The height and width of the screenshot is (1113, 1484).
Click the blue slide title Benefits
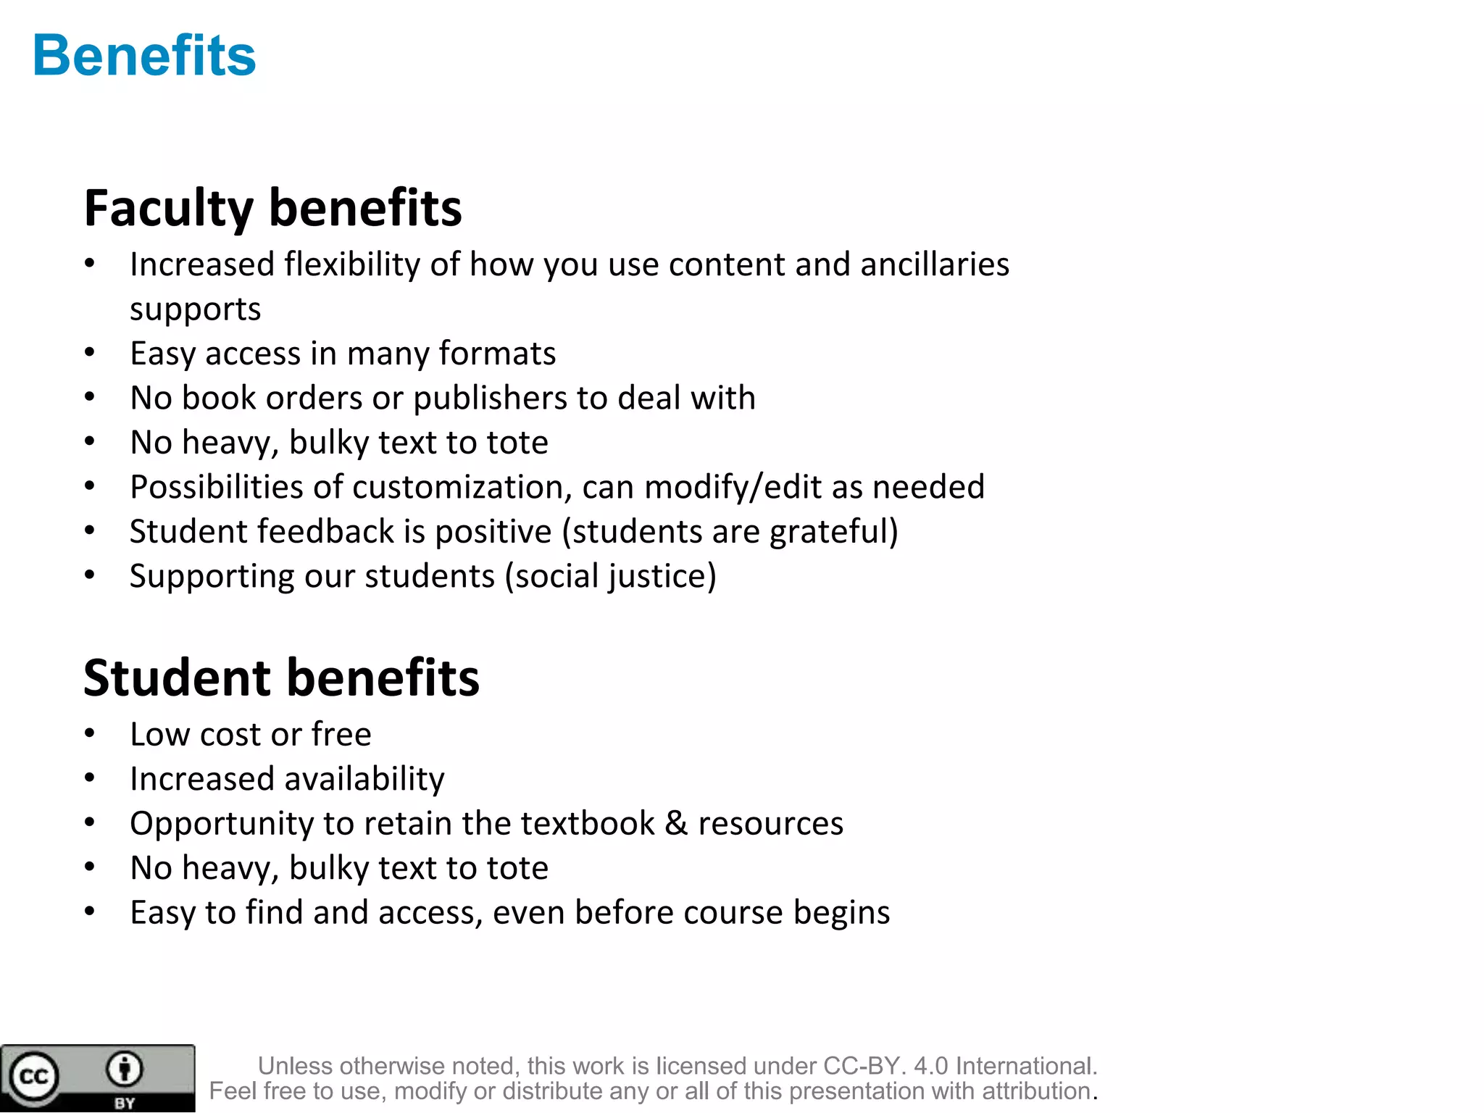pyautogui.click(x=144, y=56)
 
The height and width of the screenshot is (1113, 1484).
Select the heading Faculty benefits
pyautogui.click(x=272, y=209)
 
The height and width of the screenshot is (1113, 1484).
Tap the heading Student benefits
pyautogui.click(x=281, y=678)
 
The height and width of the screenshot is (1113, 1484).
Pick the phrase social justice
pyautogui.click(x=610, y=577)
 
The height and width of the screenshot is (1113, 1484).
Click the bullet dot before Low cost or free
pyautogui.click(x=89, y=734)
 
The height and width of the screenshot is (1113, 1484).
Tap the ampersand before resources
pyautogui.click(x=675, y=823)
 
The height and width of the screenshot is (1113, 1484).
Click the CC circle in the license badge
pyautogui.click(x=33, y=1076)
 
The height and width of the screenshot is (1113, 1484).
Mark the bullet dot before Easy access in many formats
pyautogui.click(x=89, y=353)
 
